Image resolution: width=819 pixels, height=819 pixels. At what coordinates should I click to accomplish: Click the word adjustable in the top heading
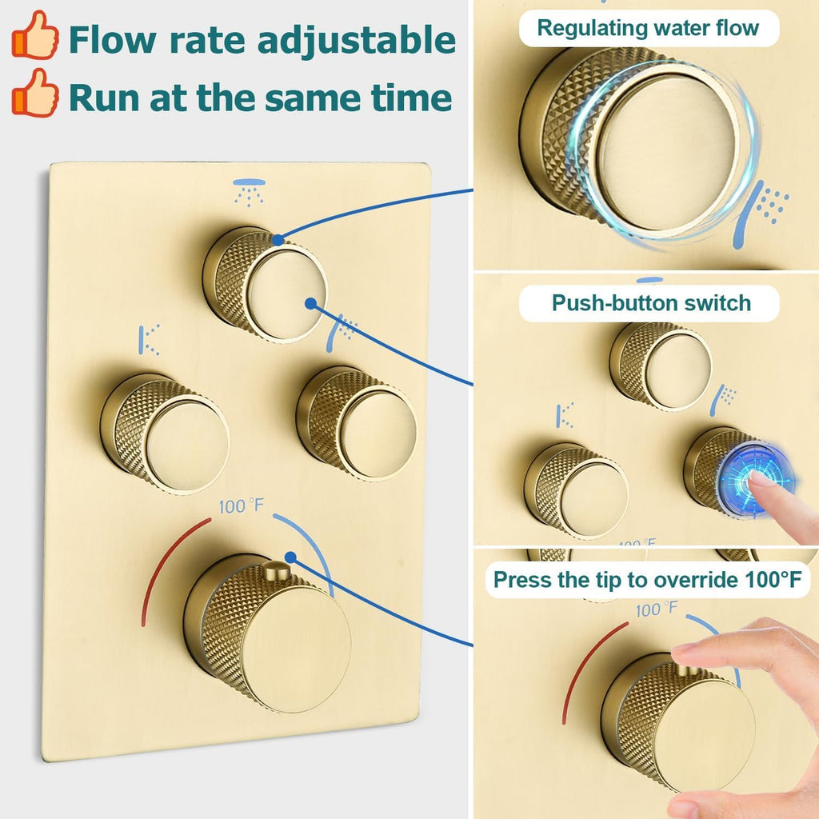tap(357, 40)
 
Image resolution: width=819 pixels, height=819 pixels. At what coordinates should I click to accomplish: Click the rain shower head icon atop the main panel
tap(250, 192)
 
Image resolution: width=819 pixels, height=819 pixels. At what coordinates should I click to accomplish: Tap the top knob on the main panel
tap(266, 285)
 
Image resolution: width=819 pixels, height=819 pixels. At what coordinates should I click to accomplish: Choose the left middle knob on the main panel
tap(165, 433)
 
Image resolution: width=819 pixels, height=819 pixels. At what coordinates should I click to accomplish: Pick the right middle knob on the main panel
tap(357, 424)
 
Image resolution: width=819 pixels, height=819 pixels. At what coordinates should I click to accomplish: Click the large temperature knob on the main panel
tap(267, 633)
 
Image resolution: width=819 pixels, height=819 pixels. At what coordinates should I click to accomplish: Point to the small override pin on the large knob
tap(276, 570)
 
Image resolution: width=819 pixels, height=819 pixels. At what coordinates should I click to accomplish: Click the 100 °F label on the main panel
tap(242, 505)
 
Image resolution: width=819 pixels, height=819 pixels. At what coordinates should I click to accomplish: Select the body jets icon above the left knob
tap(149, 340)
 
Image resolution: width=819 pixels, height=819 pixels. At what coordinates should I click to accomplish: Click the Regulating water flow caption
tap(648, 28)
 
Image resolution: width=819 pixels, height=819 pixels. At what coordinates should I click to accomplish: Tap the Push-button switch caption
tap(651, 303)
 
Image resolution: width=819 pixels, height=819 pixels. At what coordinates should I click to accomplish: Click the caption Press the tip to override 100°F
tap(648, 580)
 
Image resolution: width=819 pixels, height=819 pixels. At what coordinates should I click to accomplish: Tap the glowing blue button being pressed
tap(755, 480)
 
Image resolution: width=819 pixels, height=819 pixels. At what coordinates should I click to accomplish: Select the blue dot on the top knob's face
tap(311, 303)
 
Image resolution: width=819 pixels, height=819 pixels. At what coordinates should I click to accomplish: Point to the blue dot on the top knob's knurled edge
tap(278, 240)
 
